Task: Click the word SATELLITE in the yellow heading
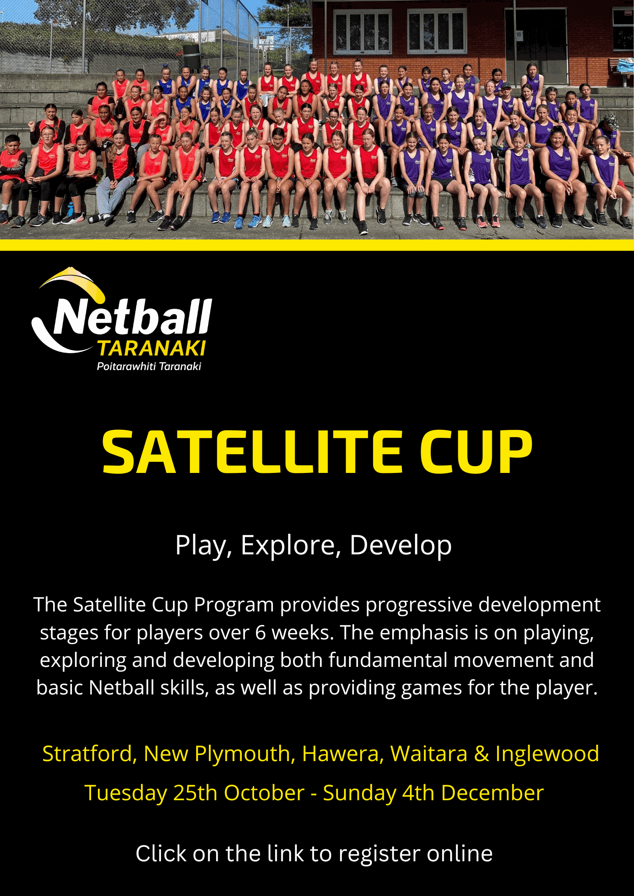coord(252,453)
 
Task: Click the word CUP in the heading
coord(475,453)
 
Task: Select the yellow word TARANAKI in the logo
coord(152,348)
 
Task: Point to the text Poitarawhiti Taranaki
coord(149,366)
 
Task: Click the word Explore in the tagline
coord(291,545)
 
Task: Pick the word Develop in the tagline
coord(401,545)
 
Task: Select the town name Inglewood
coord(547,754)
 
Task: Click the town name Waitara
coord(429,754)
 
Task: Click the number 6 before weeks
coord(260,633)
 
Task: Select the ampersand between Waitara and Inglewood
coord(481,754)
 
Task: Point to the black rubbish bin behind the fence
coord(191,57)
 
